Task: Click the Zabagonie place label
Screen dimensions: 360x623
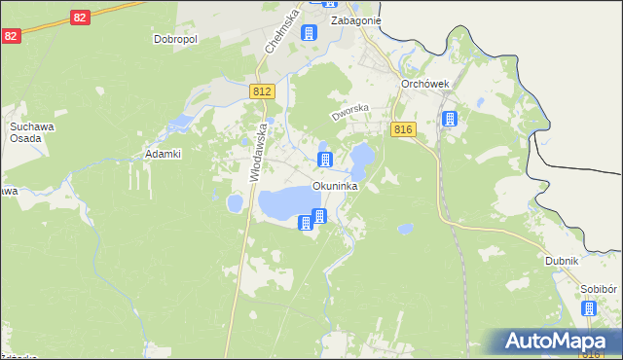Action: click(355, 19)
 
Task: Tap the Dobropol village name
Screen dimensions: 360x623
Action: click(175, 40)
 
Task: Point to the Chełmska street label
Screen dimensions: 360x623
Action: click(279, 33)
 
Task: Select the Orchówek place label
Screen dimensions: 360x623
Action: click(424, 84)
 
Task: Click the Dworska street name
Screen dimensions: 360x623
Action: click(350, 114)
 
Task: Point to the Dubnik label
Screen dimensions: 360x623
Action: click(562, 261)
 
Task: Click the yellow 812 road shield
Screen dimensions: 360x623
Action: click(261, 91)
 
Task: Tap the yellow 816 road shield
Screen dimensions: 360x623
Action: click(406, 129)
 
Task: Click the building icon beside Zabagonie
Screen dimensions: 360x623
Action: click(310, 34)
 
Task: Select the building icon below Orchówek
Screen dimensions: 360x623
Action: click(449, 120)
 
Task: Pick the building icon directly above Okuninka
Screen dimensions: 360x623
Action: click(325, 159)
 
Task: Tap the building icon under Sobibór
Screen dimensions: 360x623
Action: click(589, 309)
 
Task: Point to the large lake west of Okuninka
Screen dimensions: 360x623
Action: click(288, 203)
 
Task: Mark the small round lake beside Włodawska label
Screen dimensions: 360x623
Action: click(235, 203)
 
